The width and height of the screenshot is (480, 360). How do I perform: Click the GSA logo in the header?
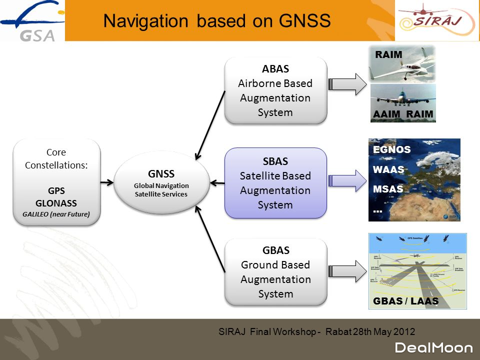[32, 21]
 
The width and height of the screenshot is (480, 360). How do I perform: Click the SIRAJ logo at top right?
[436, 20]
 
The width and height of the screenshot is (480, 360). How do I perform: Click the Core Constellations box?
[56, 182]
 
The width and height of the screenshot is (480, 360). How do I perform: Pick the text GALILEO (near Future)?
[56, 215]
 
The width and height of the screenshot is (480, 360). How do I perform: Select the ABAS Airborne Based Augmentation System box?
[275, 90]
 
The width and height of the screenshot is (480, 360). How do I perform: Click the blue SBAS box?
[275, 183]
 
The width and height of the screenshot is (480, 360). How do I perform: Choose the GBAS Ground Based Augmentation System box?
[275, 272]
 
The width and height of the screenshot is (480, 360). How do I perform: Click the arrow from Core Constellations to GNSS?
[107, 182]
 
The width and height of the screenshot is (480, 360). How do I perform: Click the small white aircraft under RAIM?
[402, 67]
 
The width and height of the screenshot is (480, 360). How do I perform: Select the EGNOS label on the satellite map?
[392, 149]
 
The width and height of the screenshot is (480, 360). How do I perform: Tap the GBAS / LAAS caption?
[405, 301]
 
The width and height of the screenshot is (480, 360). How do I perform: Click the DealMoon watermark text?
[433, 348]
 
